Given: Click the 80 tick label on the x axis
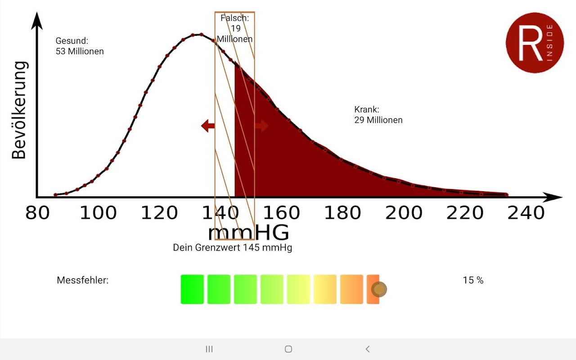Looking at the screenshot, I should click(x=37, y=213).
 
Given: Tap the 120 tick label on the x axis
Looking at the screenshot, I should click(x=160, y=213).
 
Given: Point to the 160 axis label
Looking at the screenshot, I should click(x=281, y=213).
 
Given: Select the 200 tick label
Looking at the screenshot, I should click(x=404, y=213).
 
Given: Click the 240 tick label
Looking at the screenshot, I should click(x=526, y=213).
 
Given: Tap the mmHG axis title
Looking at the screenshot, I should click(x=248, y=233).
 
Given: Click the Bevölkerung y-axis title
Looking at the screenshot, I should click(x=19, y=110).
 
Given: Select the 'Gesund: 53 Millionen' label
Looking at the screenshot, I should click(x=80, y=46).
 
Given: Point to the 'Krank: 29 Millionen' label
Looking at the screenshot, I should click(x=378, y=115).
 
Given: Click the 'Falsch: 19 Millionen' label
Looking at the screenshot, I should click(x=235, y=28).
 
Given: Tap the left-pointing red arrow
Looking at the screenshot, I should click(x=208, y=126).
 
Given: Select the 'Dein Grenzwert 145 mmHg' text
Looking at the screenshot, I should click(x=233, y=247).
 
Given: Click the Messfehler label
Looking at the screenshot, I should click(x=83, y=280).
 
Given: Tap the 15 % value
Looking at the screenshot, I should click(x=473, y=280).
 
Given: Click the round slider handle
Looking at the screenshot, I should click(x=379, y=289).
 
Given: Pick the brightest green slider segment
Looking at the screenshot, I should click(x=192, y=289).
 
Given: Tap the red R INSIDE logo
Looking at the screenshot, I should click(x=535, y=43).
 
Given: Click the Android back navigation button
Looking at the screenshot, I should click(x=368, y=349).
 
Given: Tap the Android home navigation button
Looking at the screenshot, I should click(x=288, y=349).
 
